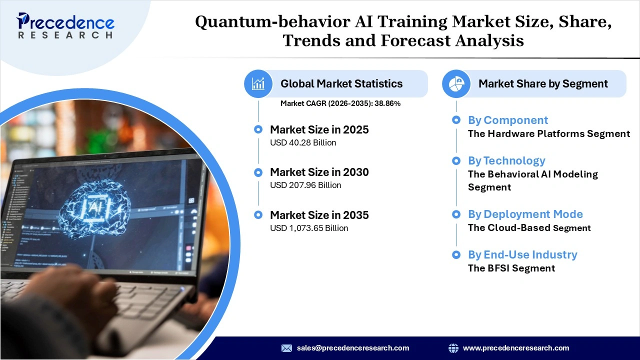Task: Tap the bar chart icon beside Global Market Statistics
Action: click(x=258, y=83)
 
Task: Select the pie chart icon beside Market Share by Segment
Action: click(x=456, y=83)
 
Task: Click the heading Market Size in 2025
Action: click(x=319, y=129)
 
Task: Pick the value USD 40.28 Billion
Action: click(x=303, y=142)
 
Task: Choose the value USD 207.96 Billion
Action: click(x=305, y=185)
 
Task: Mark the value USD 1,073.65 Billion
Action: click(x=309, y=228)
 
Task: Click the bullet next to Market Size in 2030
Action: click(x=258, y=172)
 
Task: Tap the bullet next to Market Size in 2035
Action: click(x=258, y=215)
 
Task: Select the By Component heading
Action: click(x=507, y=120)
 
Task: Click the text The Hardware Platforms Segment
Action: click(x=548, y=133)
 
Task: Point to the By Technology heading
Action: click(x=506, y=160)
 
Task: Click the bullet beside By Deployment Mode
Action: click(x=456, y=214)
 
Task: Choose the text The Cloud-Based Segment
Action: click(x=529, y=228)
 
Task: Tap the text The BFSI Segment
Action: click(x=511, y=268)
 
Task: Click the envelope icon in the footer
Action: click(x=286, y=348)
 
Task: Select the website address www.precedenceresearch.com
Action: click(x=515, y=348)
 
